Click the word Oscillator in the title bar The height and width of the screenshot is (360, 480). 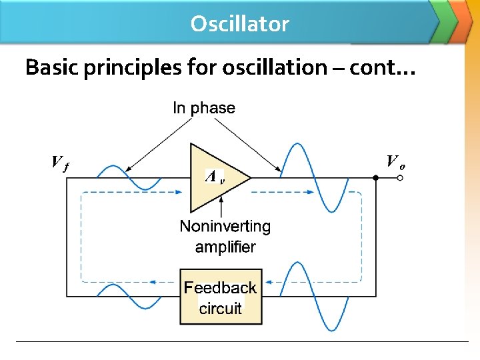point(239,24)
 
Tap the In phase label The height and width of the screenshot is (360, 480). point(204,108)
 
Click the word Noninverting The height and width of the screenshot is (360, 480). point(225,227)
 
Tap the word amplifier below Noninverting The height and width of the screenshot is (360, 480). point(225,247)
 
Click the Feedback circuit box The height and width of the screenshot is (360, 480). point(220,297)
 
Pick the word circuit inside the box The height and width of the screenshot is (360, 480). point(221,308)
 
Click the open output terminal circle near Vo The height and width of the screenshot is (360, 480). point(400,178)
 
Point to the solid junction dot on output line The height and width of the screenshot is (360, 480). point(375,178)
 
